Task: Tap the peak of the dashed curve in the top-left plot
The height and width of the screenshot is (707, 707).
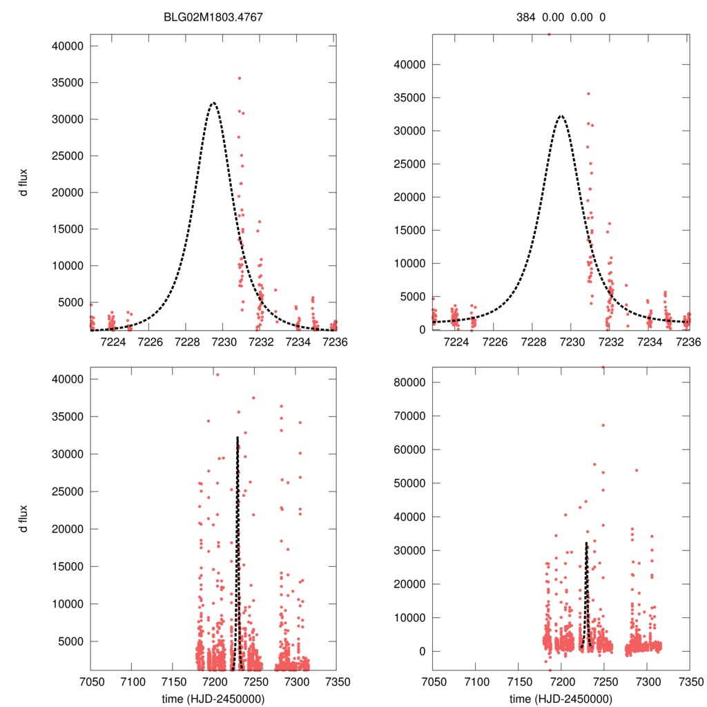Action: tap(213, 103)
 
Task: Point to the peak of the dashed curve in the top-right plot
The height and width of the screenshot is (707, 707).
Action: tap(561, 116)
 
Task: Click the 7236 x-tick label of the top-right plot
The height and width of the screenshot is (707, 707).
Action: tap(688, 342)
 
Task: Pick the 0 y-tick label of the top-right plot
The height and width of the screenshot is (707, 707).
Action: tap(421, 329)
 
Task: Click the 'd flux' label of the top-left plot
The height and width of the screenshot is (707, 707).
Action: tap(25, 182)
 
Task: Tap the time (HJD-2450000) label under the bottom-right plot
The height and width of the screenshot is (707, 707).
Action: tap(560, 699)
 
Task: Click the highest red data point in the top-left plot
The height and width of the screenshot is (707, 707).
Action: tap(239, 78)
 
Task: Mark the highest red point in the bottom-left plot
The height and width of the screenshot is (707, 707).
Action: tap(217, 374)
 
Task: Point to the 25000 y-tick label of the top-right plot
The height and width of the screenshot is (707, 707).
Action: tap(410, 164)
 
